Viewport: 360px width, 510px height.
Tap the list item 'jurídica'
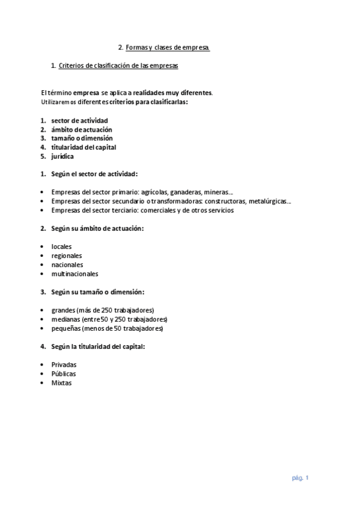tap(63, 156)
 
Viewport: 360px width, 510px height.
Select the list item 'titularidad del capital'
tap(84, 147)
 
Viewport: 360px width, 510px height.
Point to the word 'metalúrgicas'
tap(270, 201)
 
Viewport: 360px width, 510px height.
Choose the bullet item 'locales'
tap(61, 247)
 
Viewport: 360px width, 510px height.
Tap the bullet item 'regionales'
tap(67, 256)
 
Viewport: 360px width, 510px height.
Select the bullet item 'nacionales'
tap(67, 265)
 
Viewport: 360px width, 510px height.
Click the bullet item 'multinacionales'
tap(75, 274)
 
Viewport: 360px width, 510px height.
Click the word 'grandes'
tap(63, 310)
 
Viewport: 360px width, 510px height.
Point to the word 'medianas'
tap(65, 319)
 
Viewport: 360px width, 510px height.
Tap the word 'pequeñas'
tap(66, 328)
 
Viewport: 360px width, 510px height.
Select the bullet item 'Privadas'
tap(64, 364)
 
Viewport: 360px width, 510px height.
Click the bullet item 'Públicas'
tap(64, 373)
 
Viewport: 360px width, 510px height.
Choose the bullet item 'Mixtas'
tap(61, 382)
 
